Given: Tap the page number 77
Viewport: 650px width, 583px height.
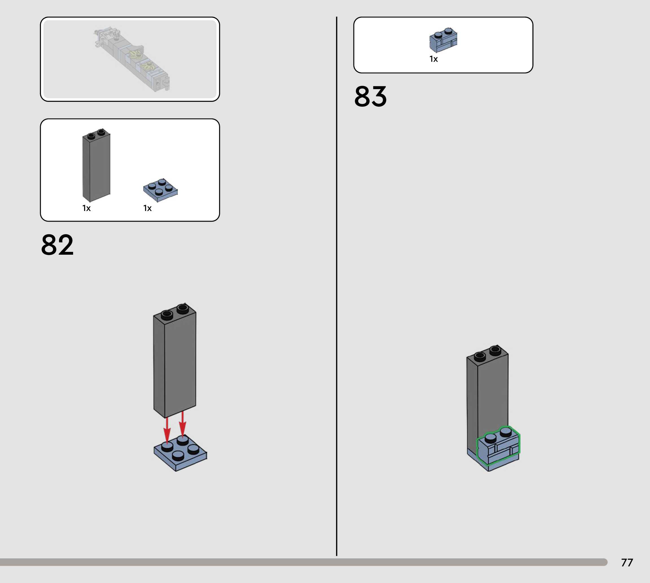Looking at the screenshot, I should point(627,562).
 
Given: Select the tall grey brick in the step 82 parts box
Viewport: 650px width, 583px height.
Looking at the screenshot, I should point(96,165).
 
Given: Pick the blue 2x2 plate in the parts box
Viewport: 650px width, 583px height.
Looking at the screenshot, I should point(160,190).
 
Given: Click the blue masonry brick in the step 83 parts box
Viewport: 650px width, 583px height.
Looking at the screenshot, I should point(443,40).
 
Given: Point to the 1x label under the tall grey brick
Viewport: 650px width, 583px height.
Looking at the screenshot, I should point(87,208).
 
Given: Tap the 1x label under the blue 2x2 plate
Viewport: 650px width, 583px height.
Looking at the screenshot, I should point(147,208).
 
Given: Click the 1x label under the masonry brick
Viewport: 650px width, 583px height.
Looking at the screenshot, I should point(433,59).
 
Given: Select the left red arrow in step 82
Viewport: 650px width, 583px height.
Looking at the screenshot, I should point(167,431).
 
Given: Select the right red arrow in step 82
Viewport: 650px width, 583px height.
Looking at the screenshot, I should point(182,424).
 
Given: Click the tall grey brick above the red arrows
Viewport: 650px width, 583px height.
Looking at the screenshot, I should point(175,362).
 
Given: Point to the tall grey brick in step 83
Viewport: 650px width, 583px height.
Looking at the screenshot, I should point(487,391).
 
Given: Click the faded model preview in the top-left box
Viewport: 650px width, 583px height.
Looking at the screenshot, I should point(132,59).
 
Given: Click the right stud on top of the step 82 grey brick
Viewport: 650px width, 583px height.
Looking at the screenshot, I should point(183,309).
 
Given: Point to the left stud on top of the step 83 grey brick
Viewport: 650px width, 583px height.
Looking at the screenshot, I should point(480,356).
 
